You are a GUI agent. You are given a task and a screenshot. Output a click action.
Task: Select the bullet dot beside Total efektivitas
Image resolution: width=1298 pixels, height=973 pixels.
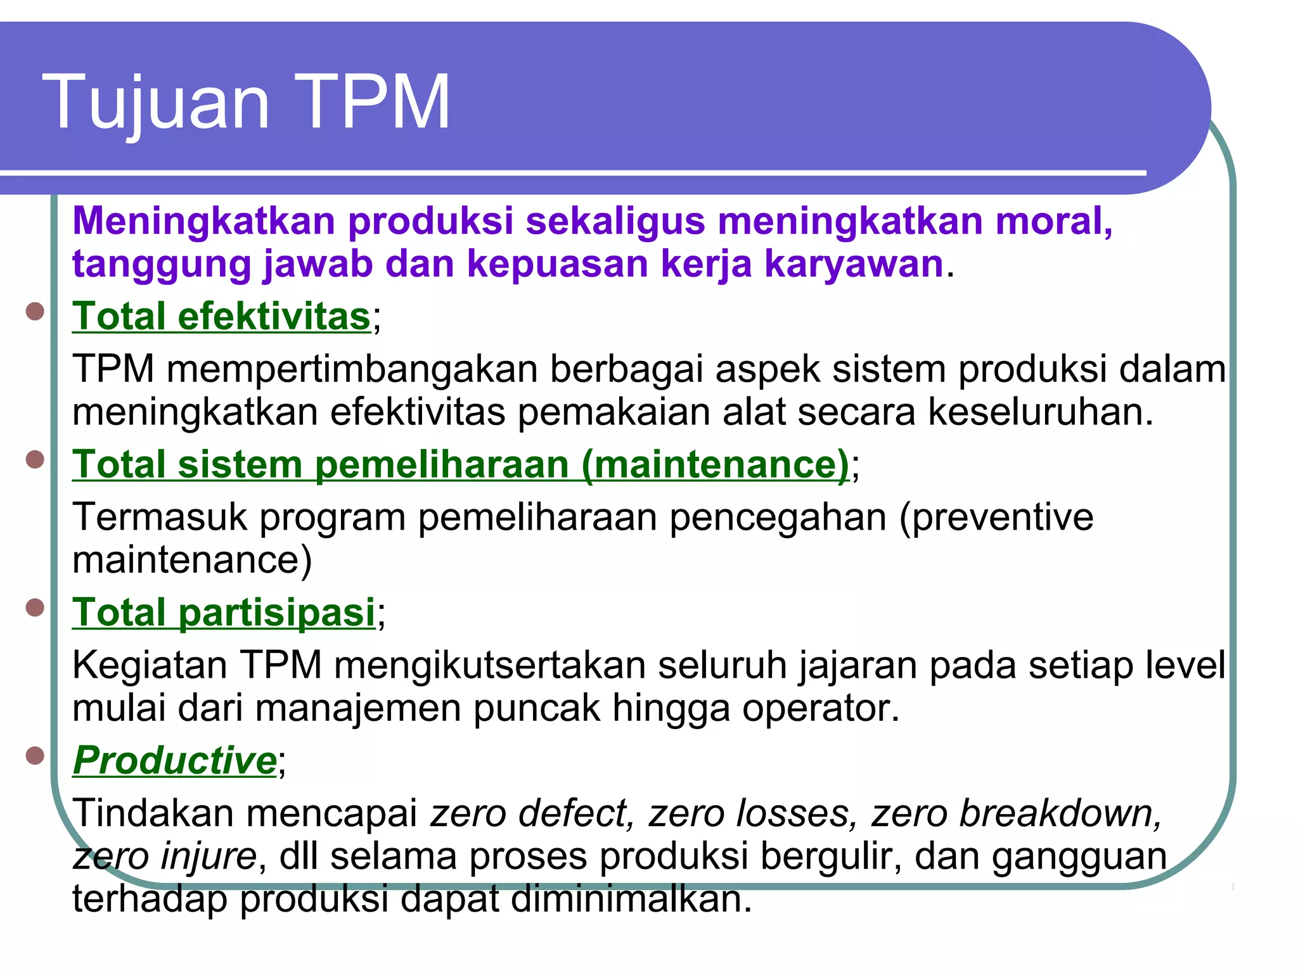tap(35, 312)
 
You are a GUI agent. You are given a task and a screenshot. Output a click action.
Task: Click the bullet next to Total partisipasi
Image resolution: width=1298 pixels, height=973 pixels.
tap(35, 607)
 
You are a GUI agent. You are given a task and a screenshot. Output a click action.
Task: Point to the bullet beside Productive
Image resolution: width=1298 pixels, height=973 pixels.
tap(35, 755)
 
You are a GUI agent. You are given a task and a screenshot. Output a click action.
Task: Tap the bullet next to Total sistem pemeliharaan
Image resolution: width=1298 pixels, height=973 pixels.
tap(35, 459)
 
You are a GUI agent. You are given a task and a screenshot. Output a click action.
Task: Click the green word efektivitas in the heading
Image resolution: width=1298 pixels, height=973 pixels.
tap(274, 316)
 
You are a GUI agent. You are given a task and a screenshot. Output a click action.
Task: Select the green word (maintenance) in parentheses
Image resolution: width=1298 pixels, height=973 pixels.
tap(715, 464)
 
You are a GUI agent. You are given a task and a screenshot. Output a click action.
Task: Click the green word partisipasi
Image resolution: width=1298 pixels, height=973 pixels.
tap(277, 613)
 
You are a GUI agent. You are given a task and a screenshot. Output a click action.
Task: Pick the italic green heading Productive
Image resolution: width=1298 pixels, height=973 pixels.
tap(175, 760)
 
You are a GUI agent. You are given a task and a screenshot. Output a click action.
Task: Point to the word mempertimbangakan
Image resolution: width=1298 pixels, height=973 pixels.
tap(352, 369)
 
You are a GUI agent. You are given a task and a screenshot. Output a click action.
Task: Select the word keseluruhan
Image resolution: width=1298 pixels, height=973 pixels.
tap(1041, 412)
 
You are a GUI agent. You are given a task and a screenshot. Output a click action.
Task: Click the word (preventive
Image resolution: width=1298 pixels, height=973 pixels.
tap(996, 518)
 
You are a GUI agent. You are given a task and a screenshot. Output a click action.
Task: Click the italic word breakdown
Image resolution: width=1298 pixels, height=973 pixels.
tap(1016, 813)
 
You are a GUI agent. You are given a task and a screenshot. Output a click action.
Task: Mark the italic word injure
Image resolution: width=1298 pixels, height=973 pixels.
tap(208, 856)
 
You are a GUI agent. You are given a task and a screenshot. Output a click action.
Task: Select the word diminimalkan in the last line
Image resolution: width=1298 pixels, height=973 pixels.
tap(631, 898)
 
